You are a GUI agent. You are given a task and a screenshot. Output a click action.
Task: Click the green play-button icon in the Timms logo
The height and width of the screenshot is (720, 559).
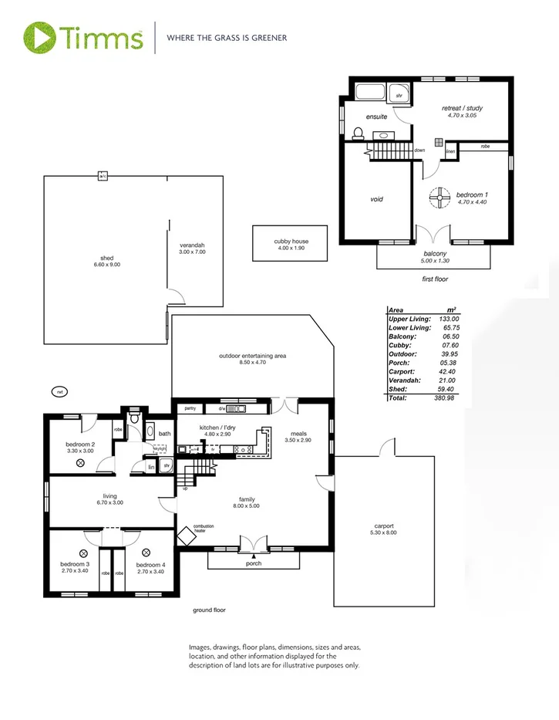click(x=39, y=36)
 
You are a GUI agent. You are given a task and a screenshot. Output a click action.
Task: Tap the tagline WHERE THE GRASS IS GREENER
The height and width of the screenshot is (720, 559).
click(x=227, y=37)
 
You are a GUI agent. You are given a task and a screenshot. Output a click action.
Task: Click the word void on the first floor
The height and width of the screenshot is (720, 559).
click(x=377, y=199)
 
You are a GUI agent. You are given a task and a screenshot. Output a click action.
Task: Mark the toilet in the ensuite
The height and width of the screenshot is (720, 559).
click(x=356, y=134)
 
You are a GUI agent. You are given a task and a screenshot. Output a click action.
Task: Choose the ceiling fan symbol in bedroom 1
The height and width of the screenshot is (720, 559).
click(x=436, y=198)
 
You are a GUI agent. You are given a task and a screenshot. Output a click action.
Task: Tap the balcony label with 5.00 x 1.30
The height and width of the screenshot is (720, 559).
click(x=436, y=256)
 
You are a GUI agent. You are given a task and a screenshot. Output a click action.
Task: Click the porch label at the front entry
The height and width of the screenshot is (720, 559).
click(x=253, y=563)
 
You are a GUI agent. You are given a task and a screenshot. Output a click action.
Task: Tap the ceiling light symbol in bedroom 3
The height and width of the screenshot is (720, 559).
click(x=82, y=553)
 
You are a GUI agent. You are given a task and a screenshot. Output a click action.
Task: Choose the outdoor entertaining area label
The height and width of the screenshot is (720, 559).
click(x=252, y=359)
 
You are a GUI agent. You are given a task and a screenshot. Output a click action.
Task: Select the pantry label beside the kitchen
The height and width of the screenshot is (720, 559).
click(x=190, y=407)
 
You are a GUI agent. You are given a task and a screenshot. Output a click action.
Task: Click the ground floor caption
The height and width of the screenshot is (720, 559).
click(x=209, y=610)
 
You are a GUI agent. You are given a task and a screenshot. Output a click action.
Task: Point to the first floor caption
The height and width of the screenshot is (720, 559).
click(x=435, y=279)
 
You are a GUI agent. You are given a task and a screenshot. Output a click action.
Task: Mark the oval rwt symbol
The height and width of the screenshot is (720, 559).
click(x=59, y=392)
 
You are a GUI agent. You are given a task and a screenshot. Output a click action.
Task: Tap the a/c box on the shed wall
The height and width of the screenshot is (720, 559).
click(x=102, y=176)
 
